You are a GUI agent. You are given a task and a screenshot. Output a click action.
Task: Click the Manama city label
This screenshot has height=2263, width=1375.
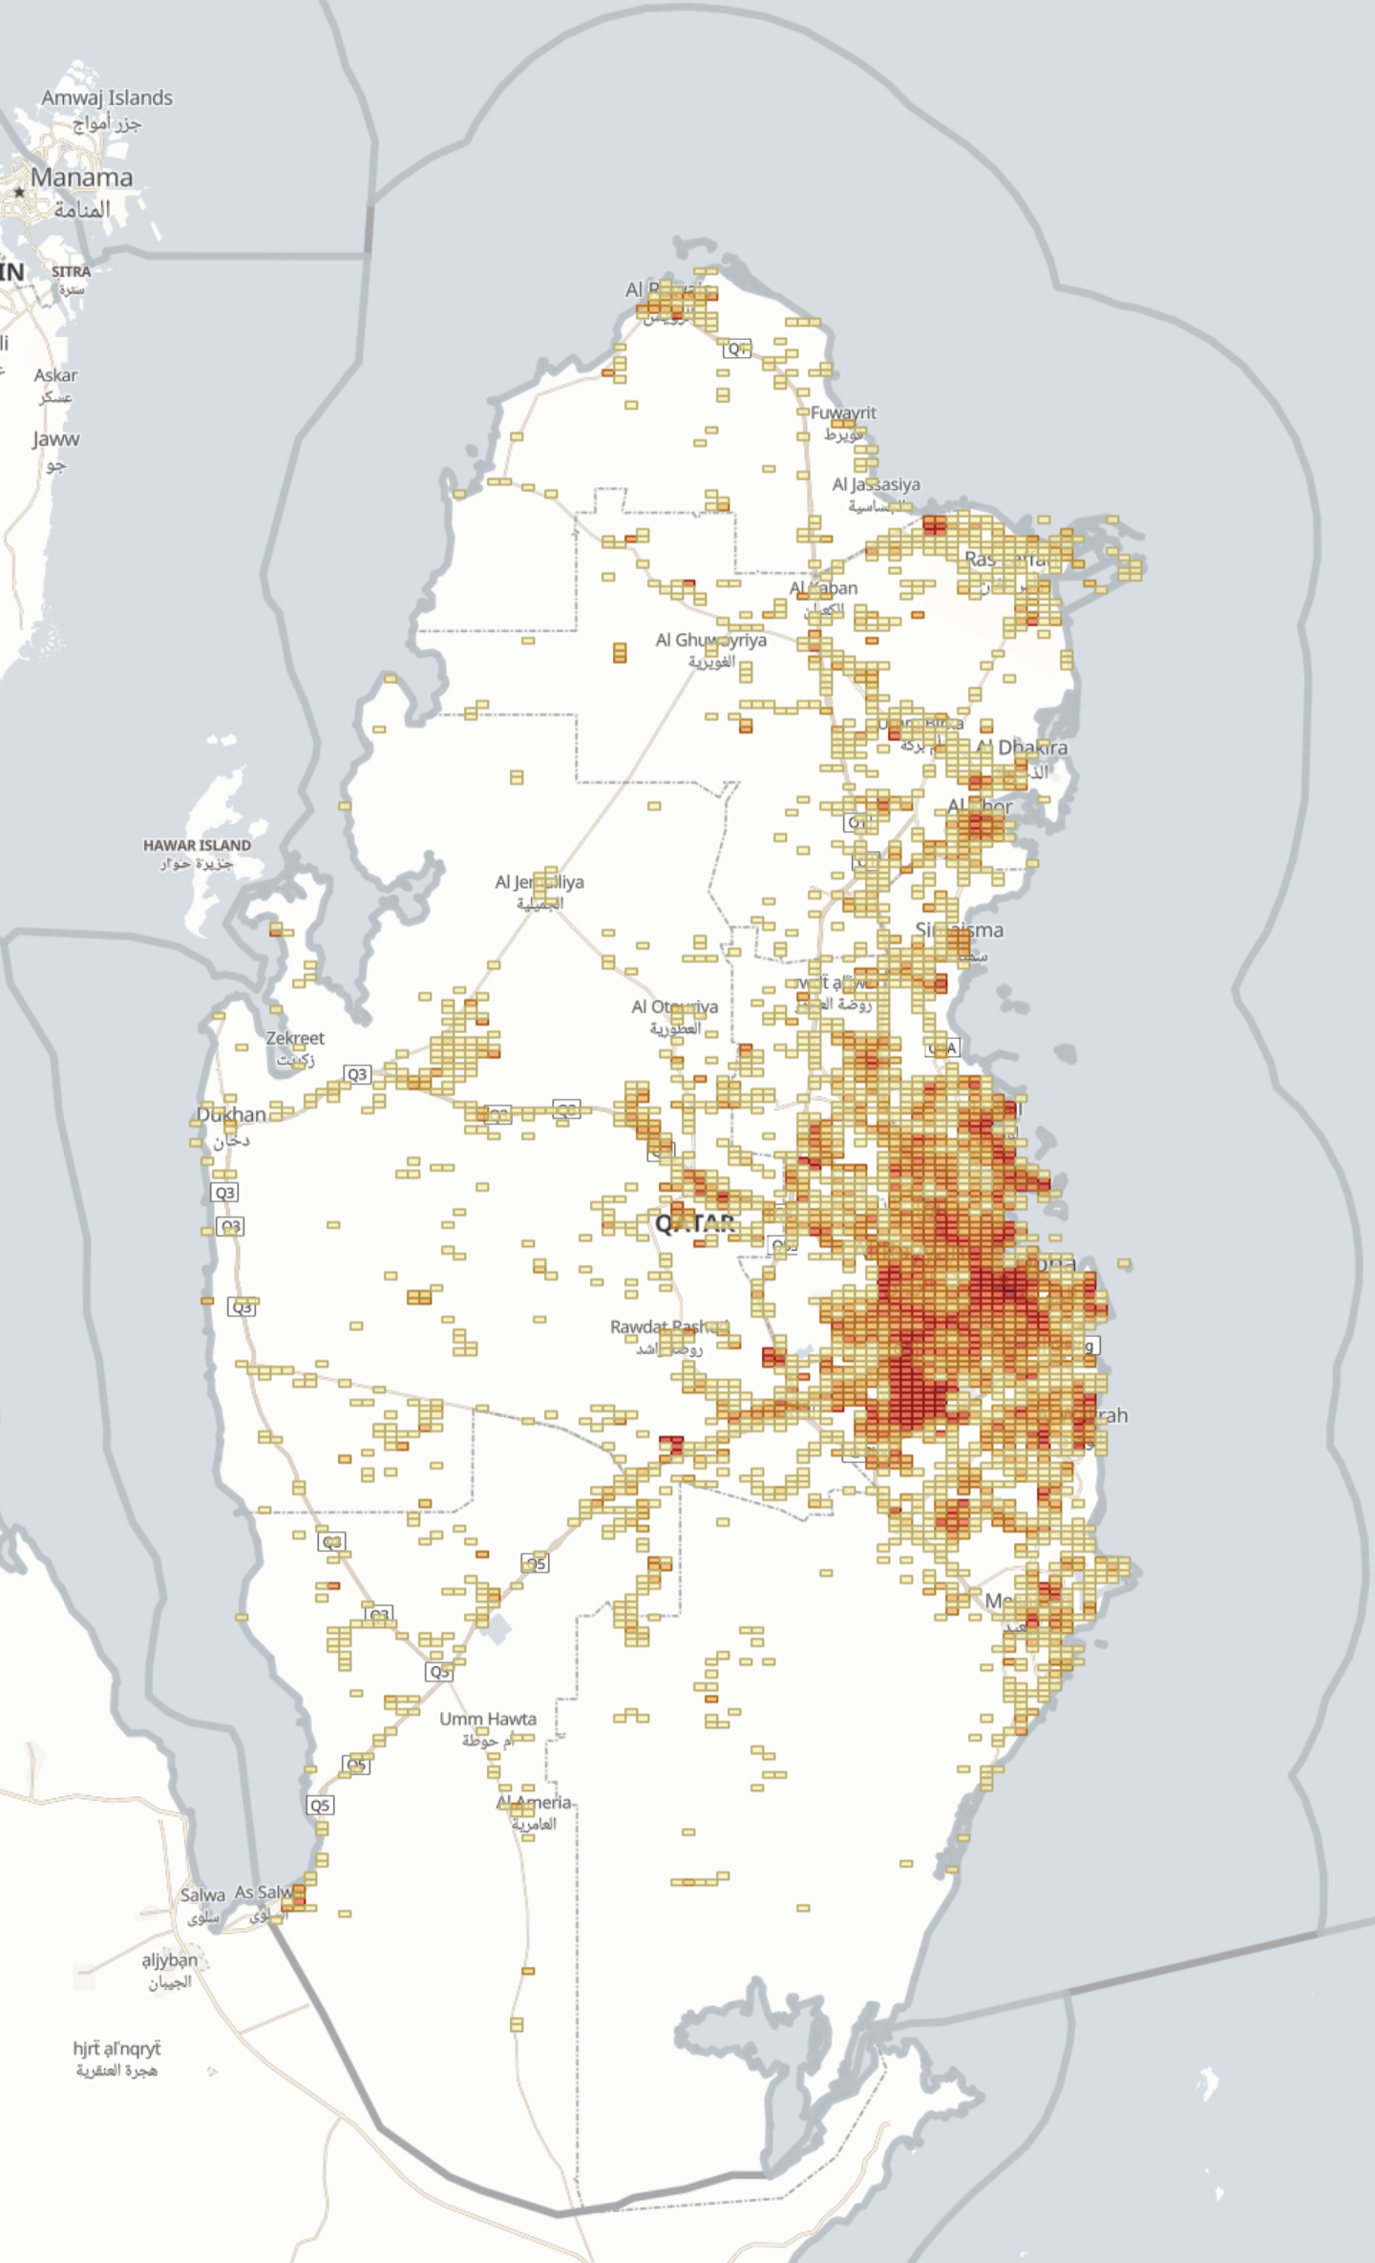(x=81, y=178)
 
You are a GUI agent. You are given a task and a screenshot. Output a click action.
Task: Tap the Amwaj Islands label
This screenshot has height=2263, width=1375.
(x=107, y=97)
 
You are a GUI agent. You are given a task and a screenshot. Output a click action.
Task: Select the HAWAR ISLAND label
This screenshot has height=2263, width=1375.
(x=197, y=845)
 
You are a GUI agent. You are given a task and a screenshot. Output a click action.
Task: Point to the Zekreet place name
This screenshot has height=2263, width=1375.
(x=295, y=1038)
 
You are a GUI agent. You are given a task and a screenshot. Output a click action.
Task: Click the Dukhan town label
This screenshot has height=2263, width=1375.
(x=231, y=1114)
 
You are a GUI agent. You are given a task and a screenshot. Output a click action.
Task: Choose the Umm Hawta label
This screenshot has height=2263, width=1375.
(x=488, y=1719)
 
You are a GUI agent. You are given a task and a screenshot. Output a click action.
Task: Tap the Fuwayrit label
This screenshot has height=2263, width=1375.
(x=843, y=412)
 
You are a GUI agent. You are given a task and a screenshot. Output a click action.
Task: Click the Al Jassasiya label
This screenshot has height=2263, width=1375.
(x=876, y=484)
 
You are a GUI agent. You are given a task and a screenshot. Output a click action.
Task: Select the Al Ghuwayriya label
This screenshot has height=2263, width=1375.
(x=710, y=640)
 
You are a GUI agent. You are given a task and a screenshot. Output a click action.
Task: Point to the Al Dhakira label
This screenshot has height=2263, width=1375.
(x=1022, y=748)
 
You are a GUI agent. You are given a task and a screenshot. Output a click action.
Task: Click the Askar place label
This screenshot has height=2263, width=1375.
(x=55, y=375)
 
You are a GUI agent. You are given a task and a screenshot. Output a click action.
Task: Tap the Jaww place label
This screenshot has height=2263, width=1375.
(x=55, y=439)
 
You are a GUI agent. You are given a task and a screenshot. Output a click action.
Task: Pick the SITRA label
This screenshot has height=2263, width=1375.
(x=72, y=271)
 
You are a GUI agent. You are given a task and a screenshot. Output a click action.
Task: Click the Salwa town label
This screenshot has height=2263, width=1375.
(x=202, y=1894)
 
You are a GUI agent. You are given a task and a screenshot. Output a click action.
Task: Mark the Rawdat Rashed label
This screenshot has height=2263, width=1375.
(x=668, y=1327)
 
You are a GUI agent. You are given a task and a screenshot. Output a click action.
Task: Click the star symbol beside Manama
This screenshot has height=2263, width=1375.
(x=19, y=192)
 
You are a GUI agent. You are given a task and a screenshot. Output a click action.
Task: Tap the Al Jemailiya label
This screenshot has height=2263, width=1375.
(x=539, y=882)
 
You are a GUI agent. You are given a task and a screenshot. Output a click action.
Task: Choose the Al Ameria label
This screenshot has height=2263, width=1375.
(x=533, y=1803)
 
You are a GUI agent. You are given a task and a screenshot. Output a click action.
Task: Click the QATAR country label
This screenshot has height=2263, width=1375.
(x=694, y=1223)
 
